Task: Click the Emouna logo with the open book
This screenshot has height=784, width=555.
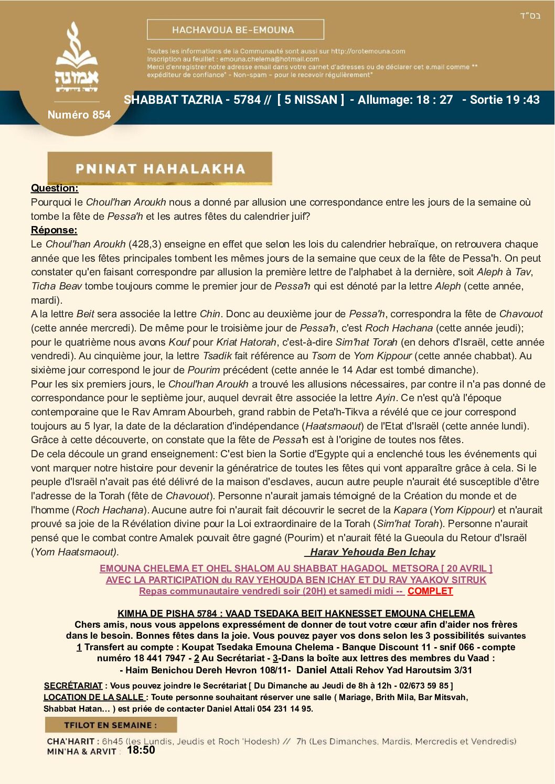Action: click(x=77, y=58)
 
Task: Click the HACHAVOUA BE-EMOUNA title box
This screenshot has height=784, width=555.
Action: click(x=235, y=30)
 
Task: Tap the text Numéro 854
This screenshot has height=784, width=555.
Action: click(x=79, y=115)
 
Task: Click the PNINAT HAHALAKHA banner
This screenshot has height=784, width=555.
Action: click(x=160, y=169)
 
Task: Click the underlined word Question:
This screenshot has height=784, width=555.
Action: click(x=55, y=188)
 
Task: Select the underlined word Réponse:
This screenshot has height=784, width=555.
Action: click(x=54, y=230)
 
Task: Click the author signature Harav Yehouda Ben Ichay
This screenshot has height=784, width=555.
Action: click(x=372, y=552)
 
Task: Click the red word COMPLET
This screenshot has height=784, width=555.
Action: click(x=430, y=591)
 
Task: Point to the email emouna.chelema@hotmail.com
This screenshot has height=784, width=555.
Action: click(x=269, y=59)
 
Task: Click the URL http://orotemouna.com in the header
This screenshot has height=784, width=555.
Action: click(x=368, y=51)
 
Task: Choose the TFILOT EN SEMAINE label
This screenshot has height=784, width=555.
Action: click(x=110, y=725)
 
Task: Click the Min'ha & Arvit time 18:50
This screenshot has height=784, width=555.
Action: click(x=141, y=750)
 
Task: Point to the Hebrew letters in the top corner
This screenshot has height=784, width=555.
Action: click(x=530, y=16)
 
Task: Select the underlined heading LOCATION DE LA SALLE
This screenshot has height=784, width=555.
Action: click(x=94, y=697)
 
